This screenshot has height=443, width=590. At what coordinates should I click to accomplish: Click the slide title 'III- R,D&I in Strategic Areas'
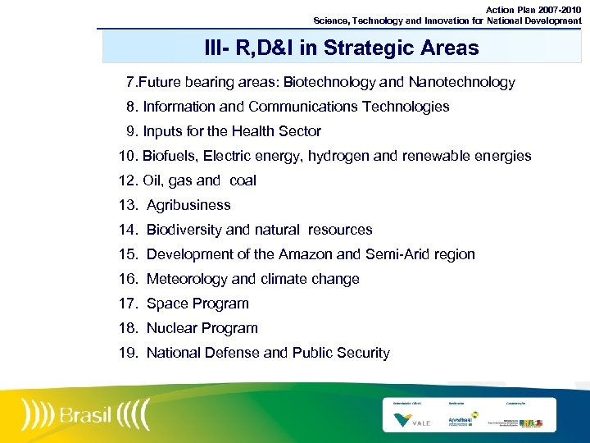(341, 48)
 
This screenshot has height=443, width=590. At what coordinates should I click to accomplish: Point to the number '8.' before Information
(132, 107)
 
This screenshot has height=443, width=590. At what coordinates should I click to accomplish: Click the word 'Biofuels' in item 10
(169, 156)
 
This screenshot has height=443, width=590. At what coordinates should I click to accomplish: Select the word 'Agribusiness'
(188, 205)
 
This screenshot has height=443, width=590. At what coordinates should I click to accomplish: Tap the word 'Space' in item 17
(166, 304)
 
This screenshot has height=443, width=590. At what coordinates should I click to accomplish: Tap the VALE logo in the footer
(405, 419)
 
